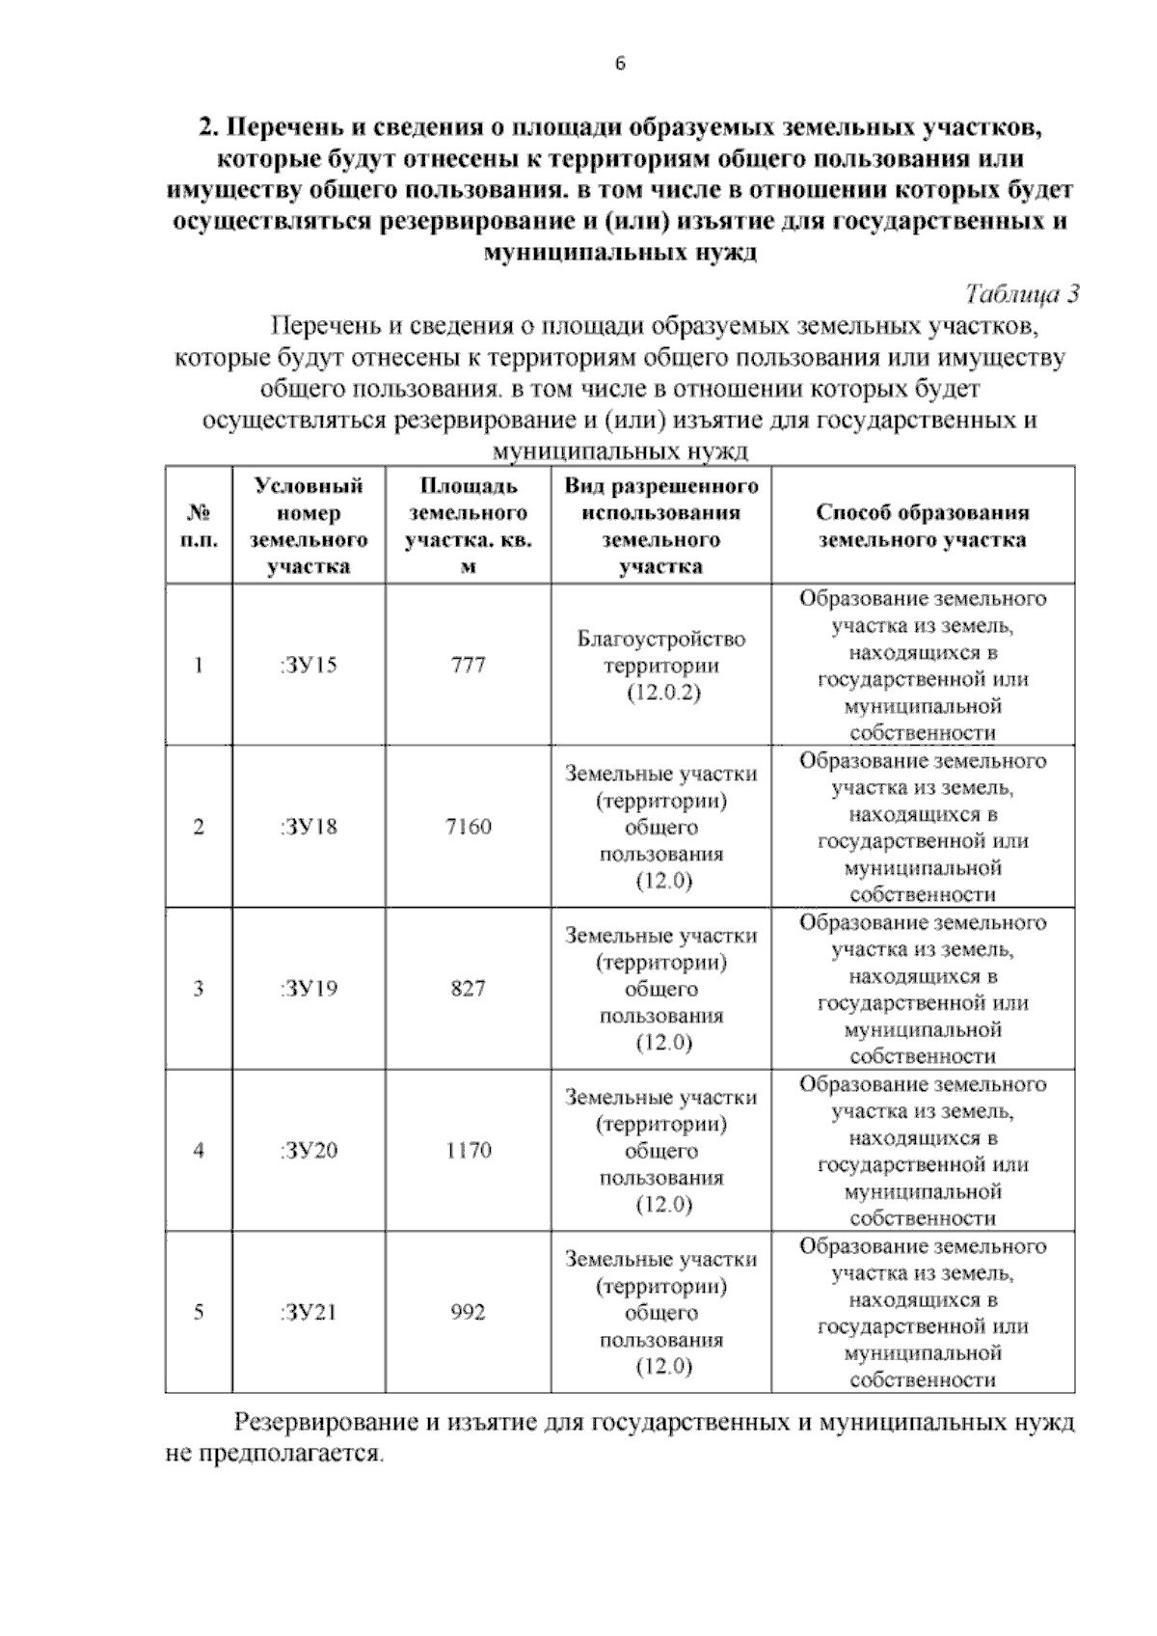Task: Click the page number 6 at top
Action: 620,65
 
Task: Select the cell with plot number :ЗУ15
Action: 309,665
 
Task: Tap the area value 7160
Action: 469,827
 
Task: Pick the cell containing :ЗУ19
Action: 309,989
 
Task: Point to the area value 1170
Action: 469,1150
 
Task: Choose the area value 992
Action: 469,1312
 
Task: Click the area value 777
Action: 469,665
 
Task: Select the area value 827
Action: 469,989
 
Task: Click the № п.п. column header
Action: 199,526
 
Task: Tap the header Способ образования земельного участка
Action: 923,526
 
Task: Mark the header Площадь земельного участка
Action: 469,526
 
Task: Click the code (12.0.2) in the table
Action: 661,693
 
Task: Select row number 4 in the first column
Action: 199,1150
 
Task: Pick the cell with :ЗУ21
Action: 309,1312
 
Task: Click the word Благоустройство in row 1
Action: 661,639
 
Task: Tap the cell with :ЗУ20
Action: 309,1150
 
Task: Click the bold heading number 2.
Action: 206,127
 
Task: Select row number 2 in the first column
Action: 199,827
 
